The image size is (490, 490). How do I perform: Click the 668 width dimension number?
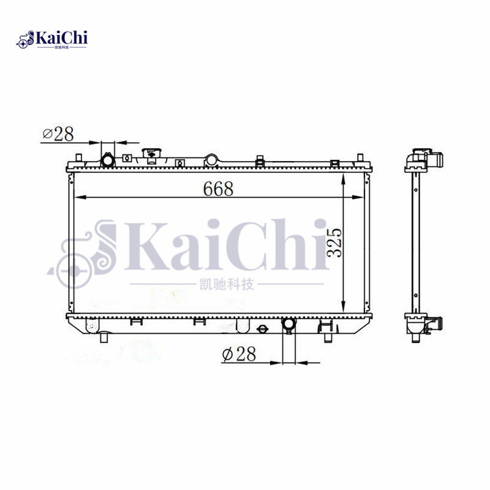click(219, 189)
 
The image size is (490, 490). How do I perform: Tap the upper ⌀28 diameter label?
click(58, 134)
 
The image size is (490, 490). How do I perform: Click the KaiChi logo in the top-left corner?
click(52, 40)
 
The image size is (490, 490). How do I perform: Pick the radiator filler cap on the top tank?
click(150, 153)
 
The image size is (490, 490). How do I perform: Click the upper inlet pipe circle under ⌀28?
click(108, 160)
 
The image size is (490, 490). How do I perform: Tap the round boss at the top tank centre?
click(211, 160)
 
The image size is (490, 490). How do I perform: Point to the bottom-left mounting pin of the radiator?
click(104, 336)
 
